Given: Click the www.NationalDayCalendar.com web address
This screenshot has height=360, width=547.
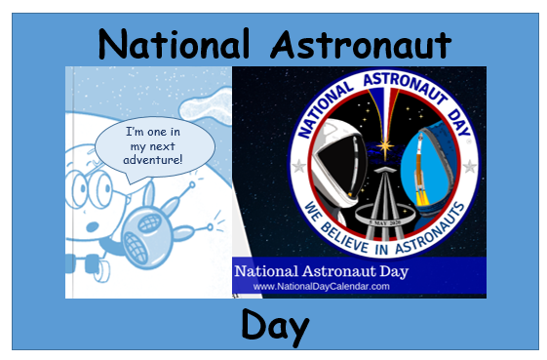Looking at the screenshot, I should pyautogui.click(x=321, y=287).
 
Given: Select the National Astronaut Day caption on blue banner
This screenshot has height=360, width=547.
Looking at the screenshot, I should pyautogui.click(x=322, y=271).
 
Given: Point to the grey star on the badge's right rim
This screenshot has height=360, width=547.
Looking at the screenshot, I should pyautogui.click(x=469, y=167).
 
